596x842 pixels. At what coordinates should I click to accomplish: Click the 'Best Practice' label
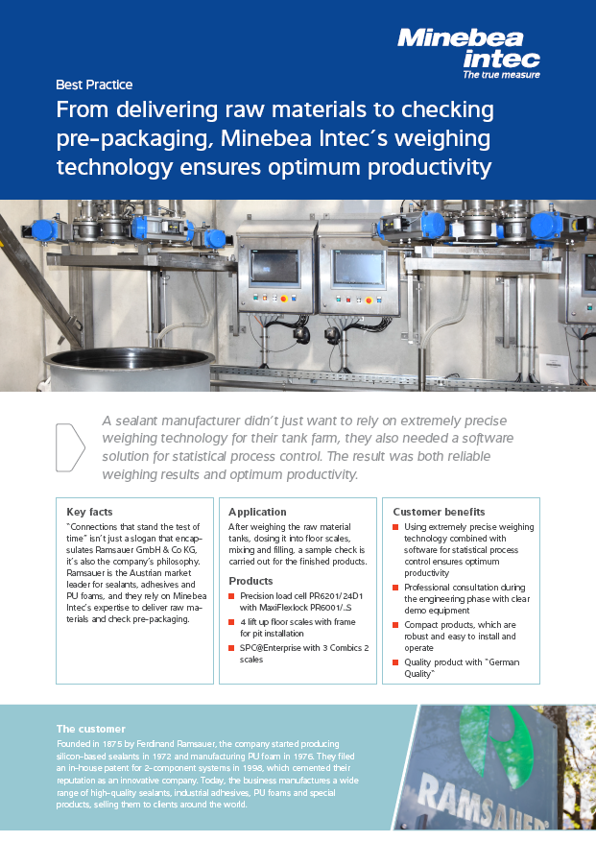click(x=94, y=84)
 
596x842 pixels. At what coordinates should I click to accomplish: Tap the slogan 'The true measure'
click(x=500, y=74)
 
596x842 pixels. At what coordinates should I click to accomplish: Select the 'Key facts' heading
click(x=89, y=512)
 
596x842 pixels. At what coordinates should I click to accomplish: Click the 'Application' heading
click(x=257, y=512)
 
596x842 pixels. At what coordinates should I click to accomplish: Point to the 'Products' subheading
click(x=250, y=581)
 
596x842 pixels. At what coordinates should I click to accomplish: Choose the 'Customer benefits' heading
click(x=439, y=512)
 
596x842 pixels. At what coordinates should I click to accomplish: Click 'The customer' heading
click(x=91, y=729)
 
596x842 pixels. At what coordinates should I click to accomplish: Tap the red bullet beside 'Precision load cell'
click(x=231, y=596)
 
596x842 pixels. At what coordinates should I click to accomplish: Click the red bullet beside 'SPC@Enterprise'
click(x=231, y=648)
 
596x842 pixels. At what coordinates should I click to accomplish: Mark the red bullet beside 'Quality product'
click(x=396, y=662)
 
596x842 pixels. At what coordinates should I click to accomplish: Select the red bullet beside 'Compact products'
click(x=396, y=623)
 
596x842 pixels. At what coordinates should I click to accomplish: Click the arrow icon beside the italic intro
click(x=71, y=447)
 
